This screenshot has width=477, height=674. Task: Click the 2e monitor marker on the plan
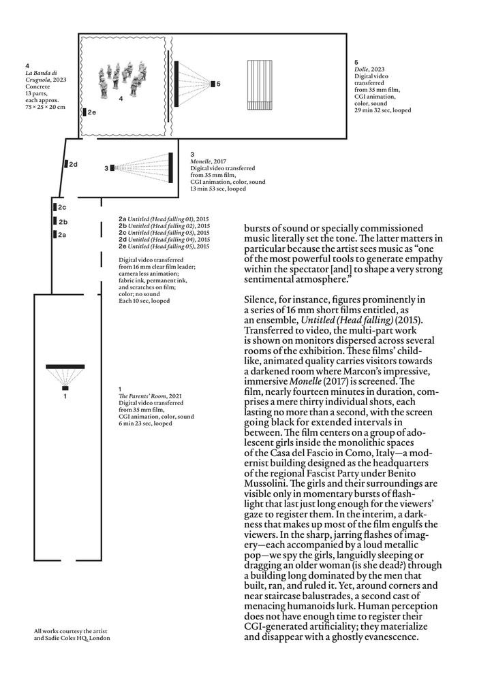pyautogui.click(x=84, y=112)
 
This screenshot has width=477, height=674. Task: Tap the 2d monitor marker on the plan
pyautogui.click(x=66, y=164)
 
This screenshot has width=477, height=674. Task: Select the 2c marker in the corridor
pyautogui.click(x=54, y=207)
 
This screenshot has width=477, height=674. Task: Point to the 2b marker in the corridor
pyautogui.click(x=54, y=221)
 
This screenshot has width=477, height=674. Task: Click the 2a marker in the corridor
pyautogui.click(x=54, y=235)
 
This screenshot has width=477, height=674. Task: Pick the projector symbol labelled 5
pyautogui.click(x=213, y=84)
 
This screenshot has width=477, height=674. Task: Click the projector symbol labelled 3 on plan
pyautogui.click(x=113, y=167)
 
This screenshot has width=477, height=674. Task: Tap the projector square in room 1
pyautogui.click(x=65, y=387)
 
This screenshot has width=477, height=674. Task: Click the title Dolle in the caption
pyautogui.click(x=360, y=69)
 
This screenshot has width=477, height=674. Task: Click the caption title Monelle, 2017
pyautogui.click(x=204, y=161)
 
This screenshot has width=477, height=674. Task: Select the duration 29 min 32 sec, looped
pyautogui.click(x=382, y=110)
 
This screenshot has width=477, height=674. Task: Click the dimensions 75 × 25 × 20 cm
pyautogui.click(x=46, y=107)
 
